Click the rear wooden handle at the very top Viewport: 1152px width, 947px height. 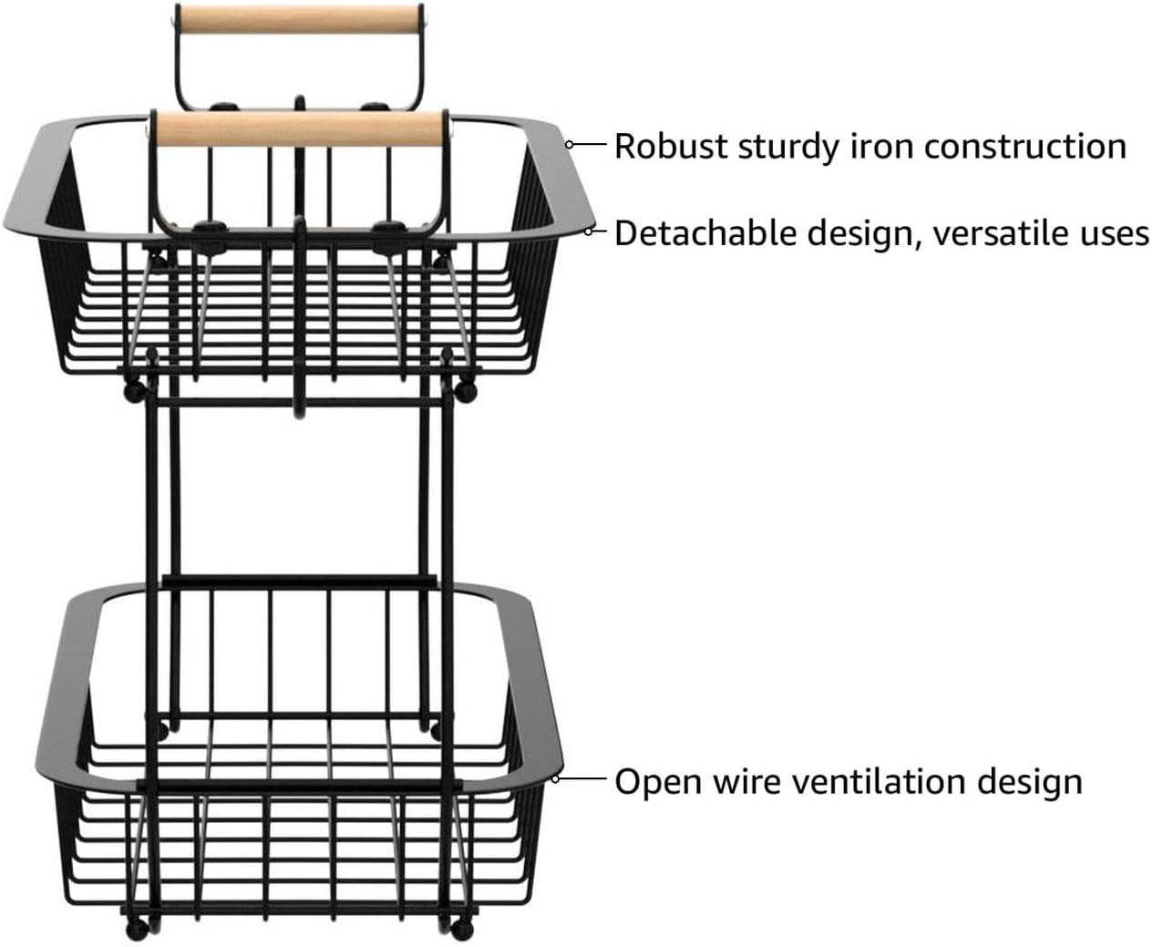tap(296, 19)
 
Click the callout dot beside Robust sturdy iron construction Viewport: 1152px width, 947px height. tap(569, 144)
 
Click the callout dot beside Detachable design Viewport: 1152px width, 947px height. tap(589, 232)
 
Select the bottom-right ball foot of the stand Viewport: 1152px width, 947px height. tap(455, 929)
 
